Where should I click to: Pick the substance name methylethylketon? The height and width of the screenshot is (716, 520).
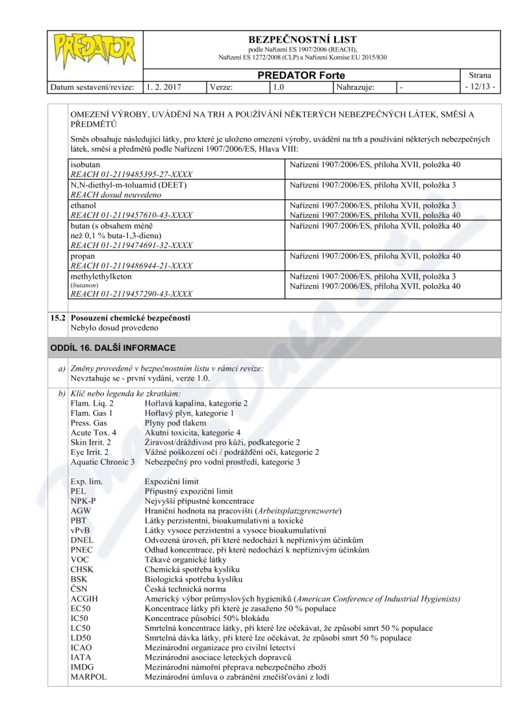[x=101, y=276]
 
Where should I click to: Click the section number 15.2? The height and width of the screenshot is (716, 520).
[x=58, y=318]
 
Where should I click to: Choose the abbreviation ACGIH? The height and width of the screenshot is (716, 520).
[x=84, y=598]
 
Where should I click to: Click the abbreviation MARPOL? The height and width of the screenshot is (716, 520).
[x=88, y=677]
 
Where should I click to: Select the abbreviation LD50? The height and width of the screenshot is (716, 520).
[x=81, y=638]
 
